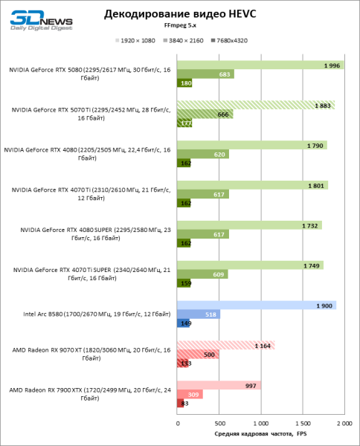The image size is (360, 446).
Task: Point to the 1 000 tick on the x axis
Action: click(260, 423)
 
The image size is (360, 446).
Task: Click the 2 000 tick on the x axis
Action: click(344, 423)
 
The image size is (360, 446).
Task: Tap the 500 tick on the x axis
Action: click(219, 423)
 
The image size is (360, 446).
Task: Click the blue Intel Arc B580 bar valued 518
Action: click(199, 314)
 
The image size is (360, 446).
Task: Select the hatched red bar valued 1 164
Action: click(225, 345)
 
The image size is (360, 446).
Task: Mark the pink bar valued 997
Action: click(219, 385)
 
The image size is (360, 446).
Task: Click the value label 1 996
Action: click(332, 65)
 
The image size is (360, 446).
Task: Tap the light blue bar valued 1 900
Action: click(256, 305)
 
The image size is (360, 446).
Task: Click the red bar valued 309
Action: click(190, 394)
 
